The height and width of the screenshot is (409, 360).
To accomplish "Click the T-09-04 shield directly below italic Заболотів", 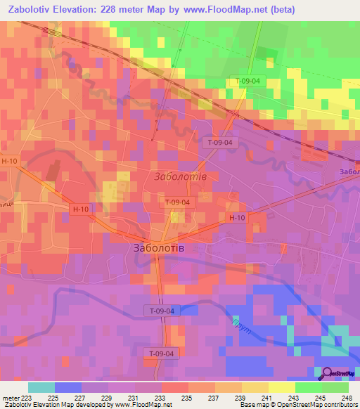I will pyautogui.click(x=176, y=202).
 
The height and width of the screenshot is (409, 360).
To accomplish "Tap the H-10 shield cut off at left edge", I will pyautogui.click(x=7, y=161).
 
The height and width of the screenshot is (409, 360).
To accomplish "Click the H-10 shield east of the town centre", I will pyautogui.click(x=236, y=219).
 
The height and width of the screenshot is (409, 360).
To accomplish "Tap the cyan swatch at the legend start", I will pyautogui.click(x=41, y=387).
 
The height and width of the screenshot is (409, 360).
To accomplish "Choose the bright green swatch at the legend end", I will pyautogui.click(x=335, y=387).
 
